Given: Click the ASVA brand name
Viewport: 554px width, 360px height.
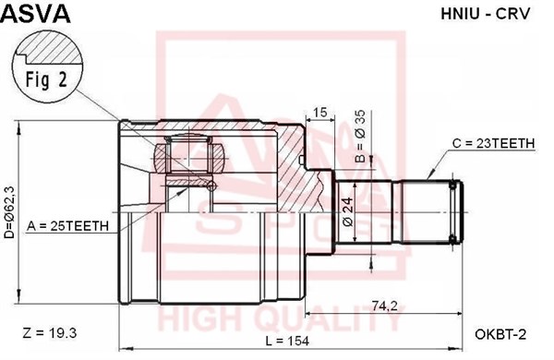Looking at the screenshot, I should click(36, 13).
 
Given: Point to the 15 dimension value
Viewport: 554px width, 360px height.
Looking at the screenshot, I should click(320, 113).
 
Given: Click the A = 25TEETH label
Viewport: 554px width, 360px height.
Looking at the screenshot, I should click(68, 225).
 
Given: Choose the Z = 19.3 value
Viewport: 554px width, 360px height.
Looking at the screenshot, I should click(49, 330).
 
